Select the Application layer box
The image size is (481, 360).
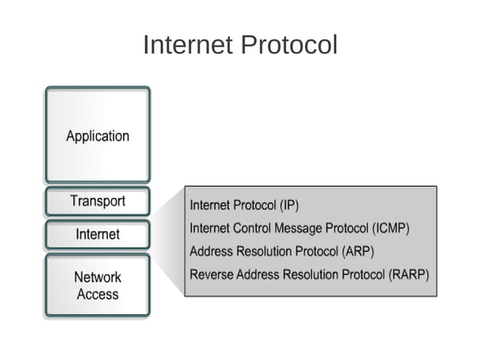(x=97, y=136)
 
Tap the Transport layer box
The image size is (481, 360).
(x=97, y=201)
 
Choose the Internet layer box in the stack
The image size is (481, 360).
(x=97, y=234)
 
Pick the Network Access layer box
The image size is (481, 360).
(x=97, y=285)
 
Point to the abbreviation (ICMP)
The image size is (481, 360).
(x=384, y=228)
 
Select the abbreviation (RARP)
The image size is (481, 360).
(x=409, y=275)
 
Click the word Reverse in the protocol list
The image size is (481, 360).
(x=211, y=275)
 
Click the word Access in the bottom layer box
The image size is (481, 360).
(x=97, y=294)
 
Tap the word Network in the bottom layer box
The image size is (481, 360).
(x=97, y=277)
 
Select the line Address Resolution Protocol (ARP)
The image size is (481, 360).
(x=281, y=252)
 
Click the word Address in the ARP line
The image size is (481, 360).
(x=211, y=252)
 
